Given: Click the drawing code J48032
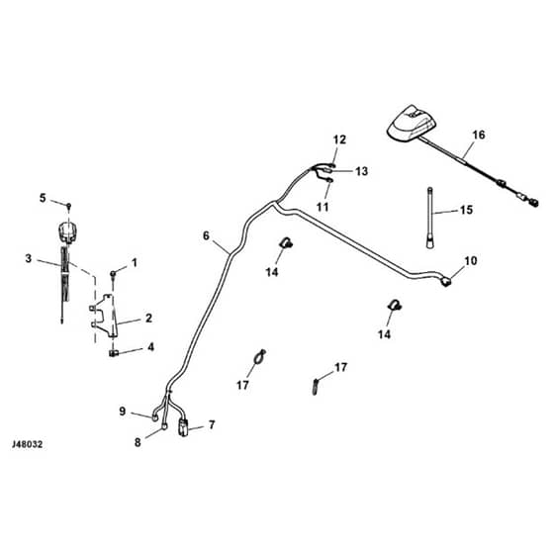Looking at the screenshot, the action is coord(28,444).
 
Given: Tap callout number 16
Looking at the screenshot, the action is coord(479,135).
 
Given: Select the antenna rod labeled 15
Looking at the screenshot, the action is coord(429,218).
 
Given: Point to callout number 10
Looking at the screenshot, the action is coord(471,261).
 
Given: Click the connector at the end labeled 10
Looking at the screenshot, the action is coord(446,281).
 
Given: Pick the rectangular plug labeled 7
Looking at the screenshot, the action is coord(183,427).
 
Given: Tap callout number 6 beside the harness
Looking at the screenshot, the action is coord(207,235).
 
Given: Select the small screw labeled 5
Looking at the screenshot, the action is coord(69,206).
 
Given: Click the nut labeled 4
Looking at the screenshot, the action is coord(113,352).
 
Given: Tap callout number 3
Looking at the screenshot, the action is coord(29,258).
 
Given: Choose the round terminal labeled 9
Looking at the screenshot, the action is coord(155,417).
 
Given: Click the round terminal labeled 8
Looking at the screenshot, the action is coord(164,426).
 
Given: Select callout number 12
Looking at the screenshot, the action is coord(339,139).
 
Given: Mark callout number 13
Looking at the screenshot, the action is coord(361,171).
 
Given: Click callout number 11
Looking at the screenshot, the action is coord(323,207).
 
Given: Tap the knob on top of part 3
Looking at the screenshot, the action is coord(67,232).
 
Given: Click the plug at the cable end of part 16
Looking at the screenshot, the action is coord(533,203).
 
